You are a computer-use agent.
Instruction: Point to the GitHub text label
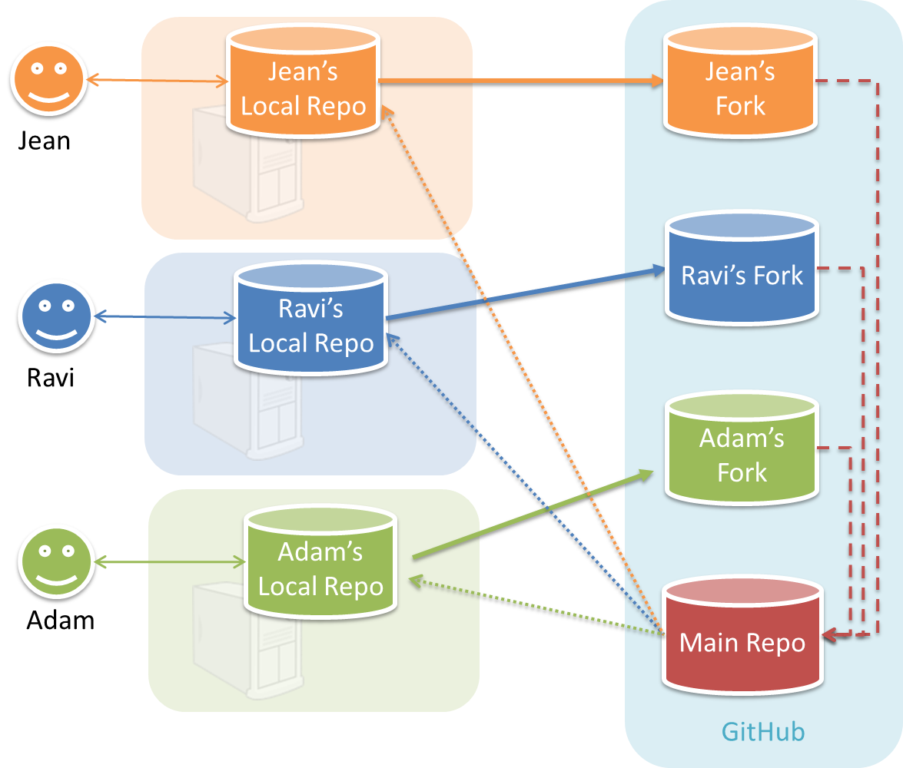click(763, 731)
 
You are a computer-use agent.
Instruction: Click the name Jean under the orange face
click(45, 141)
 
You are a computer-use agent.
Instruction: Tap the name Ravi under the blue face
click(51, 378)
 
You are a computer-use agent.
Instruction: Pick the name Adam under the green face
click(60, 620)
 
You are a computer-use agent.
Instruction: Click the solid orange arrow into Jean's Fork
click(523, 80)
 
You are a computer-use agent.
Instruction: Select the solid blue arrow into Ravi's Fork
click(523, 294)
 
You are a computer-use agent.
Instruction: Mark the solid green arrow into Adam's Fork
click(530, 515)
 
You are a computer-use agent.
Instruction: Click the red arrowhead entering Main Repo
click(829, 636)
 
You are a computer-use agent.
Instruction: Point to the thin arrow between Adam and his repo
click(169, 564)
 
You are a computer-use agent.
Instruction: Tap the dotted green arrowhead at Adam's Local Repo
click(415, 581)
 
